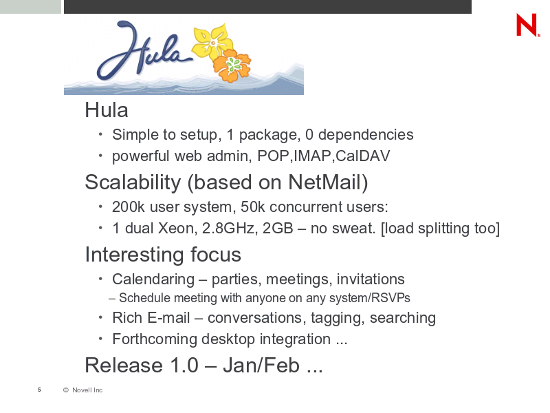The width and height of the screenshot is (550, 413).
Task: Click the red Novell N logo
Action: pos(527,25)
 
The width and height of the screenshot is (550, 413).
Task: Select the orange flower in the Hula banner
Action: pos(232,65)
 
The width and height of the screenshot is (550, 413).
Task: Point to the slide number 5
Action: pos(39,390)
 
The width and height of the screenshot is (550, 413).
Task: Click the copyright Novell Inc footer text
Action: pos(82,390)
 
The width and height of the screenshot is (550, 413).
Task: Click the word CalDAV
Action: pos(363,156)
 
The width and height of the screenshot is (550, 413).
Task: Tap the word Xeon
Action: pos(175,228)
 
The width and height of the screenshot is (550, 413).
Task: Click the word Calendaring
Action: pos(153,279)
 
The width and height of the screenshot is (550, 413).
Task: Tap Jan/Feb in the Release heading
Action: pos(261,365)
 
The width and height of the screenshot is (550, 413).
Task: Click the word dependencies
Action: pos(366,135)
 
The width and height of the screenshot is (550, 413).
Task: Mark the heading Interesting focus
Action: pos(163,254)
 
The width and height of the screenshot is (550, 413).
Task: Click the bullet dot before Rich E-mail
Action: pos(100,317)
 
